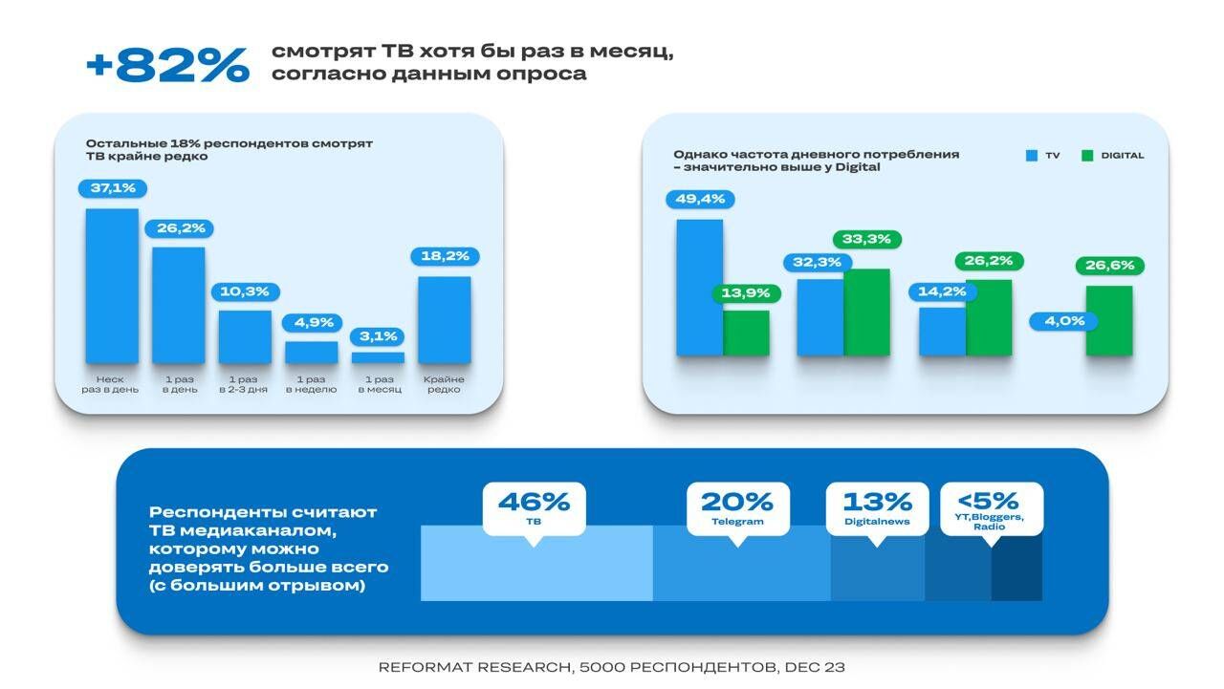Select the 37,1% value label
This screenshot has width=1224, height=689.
pyautogui.click(x=113, y=188)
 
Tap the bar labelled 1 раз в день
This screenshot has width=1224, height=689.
pyautogui.click(x=179, y=305)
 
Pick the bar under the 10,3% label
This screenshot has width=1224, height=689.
pyautogui.click(x=245, y=337)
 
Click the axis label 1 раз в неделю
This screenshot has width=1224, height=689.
pyautogui.click(x=312, y=384)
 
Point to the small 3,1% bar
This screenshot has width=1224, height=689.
pyautogui.click(x=378, y=357)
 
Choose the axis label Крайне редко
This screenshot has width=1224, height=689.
pyautogui.click(x=444, y=384)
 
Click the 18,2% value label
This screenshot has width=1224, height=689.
pyautogui.click(x=445, y=256)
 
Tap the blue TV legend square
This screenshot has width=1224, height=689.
pyautogui.click(x=1032, y=156)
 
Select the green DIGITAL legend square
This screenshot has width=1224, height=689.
pyautogui.click(x=1087, y=156)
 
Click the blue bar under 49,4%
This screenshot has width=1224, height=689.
pyautogui.click(x=699, y=288)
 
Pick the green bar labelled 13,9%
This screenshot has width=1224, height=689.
pyautogui.click(x=746, y=334)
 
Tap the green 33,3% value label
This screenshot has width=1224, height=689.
pyautogui.click(x=866, y=239)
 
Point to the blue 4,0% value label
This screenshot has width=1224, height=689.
pyautogui.click(x=1064, y=321)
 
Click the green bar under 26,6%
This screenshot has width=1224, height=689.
pyautogui.click(x=1109, y=321)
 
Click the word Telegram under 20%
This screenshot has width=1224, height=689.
pyautogui.click(x=737, y=522)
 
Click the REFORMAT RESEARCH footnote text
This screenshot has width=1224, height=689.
pyautogui.click(x=611, y=667)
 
